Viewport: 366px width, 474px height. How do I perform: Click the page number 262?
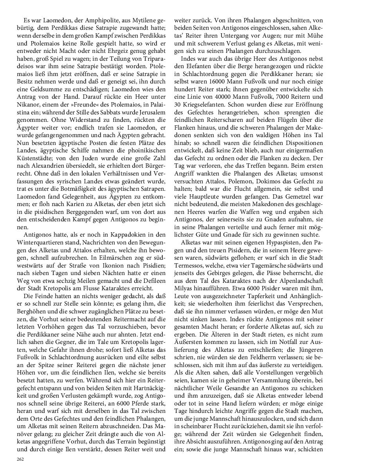point(20,459)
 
